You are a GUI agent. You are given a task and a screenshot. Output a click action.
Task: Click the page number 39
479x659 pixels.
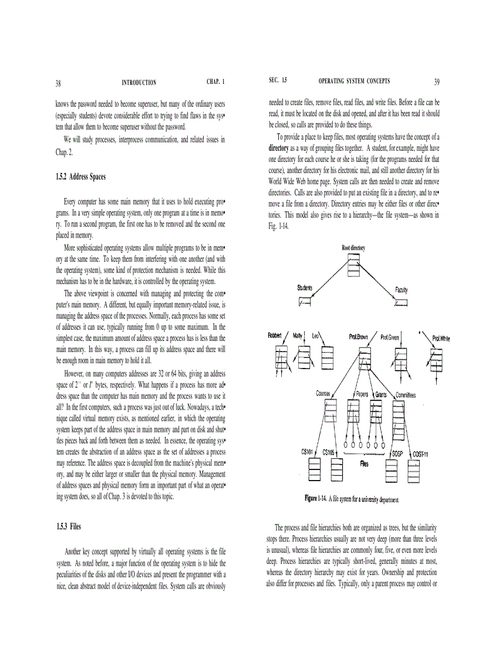click(437, 82)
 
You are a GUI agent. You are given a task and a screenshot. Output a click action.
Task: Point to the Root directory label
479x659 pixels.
click(353, 248)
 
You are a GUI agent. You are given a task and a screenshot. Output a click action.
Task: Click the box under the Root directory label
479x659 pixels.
click(353, 268)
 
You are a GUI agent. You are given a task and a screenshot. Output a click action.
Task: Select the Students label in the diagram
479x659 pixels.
click(305, 288)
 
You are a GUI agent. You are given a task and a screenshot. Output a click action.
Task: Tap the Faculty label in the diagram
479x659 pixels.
click(402, 290)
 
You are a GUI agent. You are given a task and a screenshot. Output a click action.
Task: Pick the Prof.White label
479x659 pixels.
click(441, 338)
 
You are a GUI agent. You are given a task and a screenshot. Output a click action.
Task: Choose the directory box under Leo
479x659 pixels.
click(327, 356)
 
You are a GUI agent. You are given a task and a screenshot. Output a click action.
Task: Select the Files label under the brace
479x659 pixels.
click(364, 464)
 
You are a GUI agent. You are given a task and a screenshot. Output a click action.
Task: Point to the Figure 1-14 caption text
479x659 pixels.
click(352, 499)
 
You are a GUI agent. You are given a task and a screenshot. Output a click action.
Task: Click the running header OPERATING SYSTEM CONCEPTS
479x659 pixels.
click(354, 81)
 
